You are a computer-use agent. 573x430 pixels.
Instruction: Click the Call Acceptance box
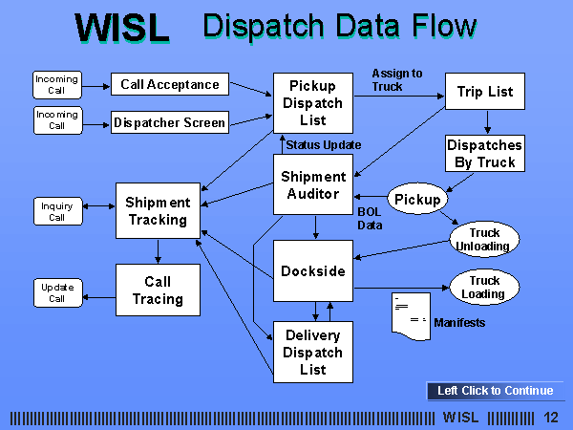[x=170, y=84]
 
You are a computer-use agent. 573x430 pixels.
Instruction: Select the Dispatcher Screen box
[x=170, y=122]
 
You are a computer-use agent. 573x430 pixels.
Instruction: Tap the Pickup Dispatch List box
[x=313, y=103]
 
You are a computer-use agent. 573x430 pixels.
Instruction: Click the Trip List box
[x=485, y=91]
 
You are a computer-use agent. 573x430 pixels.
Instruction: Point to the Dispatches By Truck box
[x=485, y=154]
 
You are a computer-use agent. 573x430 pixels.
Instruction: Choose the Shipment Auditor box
[x=313, y=184]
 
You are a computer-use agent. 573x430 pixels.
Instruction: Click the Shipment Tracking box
[x=158, y=211]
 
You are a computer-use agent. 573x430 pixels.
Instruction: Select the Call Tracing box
[x=158, y=290]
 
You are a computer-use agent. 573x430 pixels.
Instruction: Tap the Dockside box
[x=313, y=271]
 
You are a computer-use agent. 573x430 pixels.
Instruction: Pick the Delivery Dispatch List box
[x=313, y=352]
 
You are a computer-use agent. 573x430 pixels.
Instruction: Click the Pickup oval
[x=417, y=199]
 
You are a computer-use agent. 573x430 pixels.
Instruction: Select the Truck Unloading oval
[x=484, y=239]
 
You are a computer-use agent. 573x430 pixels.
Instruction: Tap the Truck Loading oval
[x=484, y=287]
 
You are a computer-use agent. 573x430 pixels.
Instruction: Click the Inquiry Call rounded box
[x=58, y=211]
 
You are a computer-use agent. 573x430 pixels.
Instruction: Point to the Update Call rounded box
[x=58, y=293]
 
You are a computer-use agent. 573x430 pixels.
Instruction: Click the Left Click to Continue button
[x=495, y=391]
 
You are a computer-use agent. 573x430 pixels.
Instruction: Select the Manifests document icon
[x=411, y=316]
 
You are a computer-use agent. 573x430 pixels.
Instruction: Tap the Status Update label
[x=324, y=145]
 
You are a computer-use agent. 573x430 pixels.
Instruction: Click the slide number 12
[x=551, y=418]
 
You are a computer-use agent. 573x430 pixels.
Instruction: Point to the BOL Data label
[x=370, y=218]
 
